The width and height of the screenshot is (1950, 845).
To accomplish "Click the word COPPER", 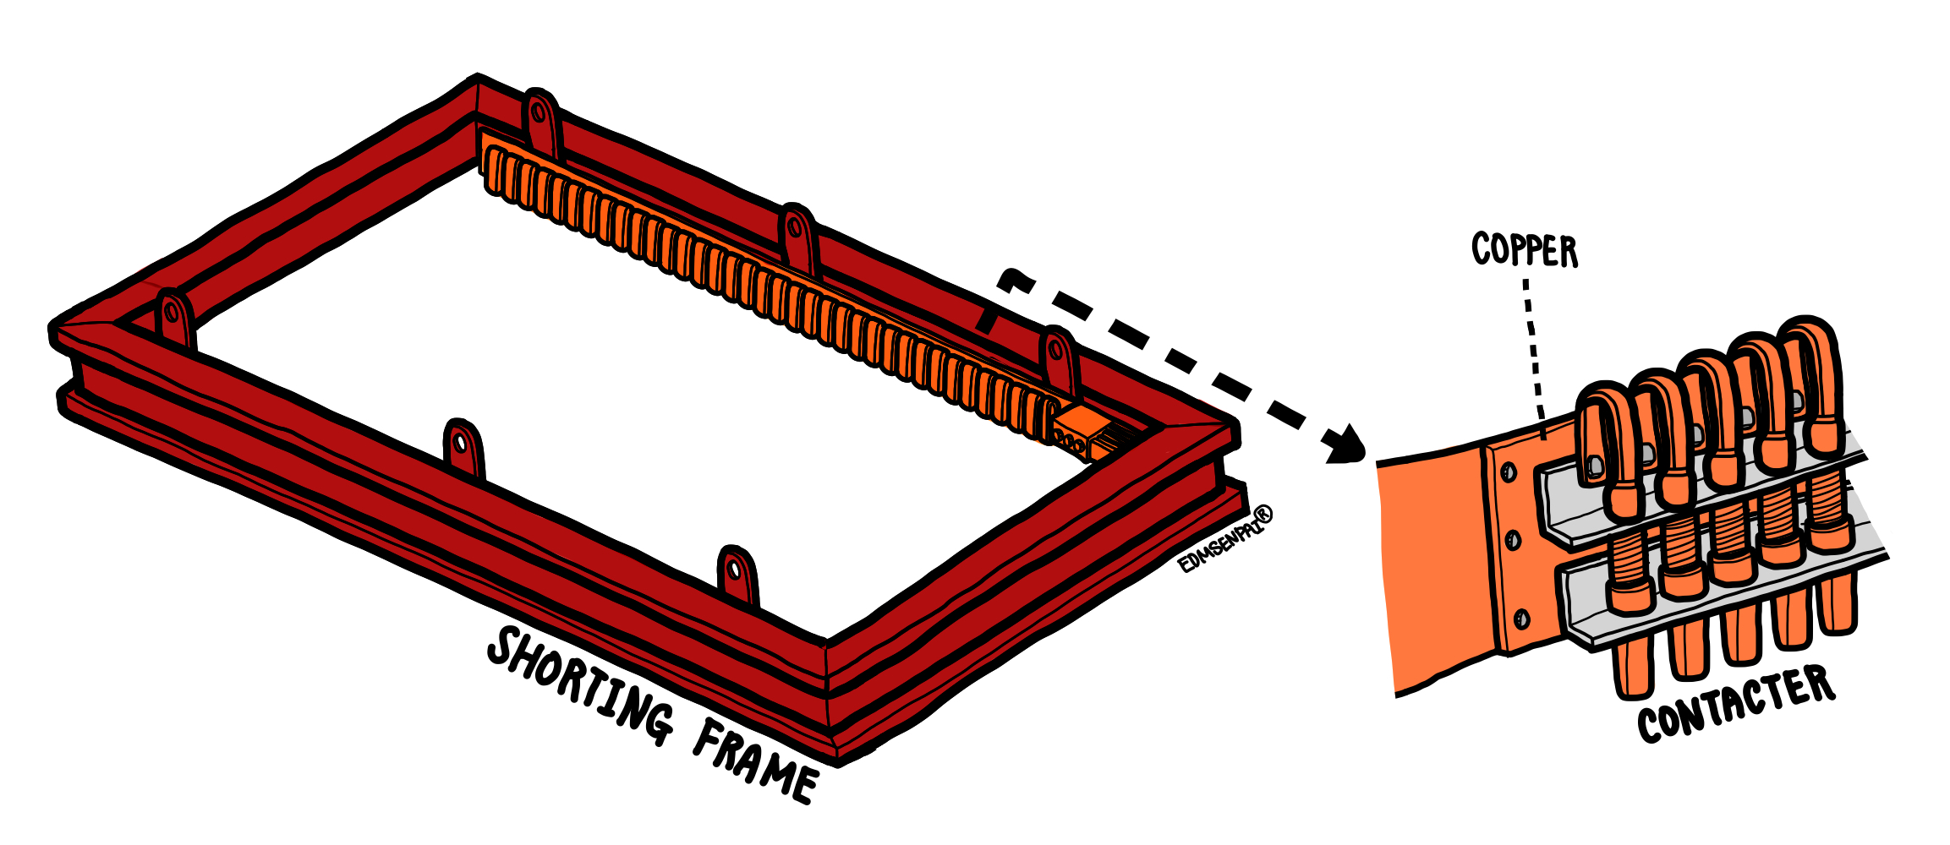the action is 1525,250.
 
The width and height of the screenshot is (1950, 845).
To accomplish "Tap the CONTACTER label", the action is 1736,704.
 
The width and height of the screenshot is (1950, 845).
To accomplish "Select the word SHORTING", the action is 580,686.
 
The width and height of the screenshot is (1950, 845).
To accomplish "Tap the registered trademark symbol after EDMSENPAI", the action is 1263,514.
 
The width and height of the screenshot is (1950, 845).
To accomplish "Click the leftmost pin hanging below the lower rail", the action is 1633,668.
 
